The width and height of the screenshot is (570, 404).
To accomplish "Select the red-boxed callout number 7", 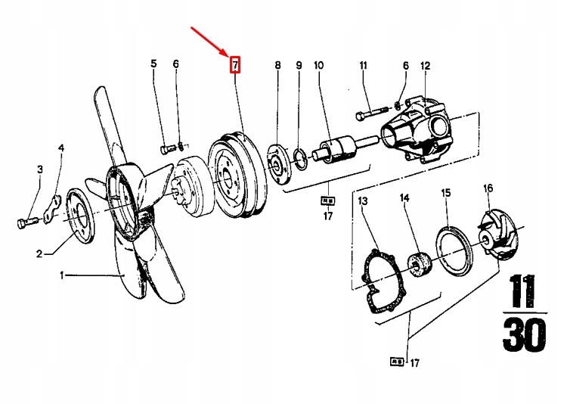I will point(235,65).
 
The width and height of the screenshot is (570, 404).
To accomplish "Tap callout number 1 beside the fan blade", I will point(63,276).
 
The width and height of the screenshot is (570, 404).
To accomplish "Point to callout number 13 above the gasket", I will point(363,201).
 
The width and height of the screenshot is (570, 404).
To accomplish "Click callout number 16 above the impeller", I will point(488,188).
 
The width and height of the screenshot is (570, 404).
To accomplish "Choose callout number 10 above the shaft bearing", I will point(319,66).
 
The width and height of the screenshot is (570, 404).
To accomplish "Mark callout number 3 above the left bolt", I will point(40,169).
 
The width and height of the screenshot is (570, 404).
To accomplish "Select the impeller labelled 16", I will point(498,241).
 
